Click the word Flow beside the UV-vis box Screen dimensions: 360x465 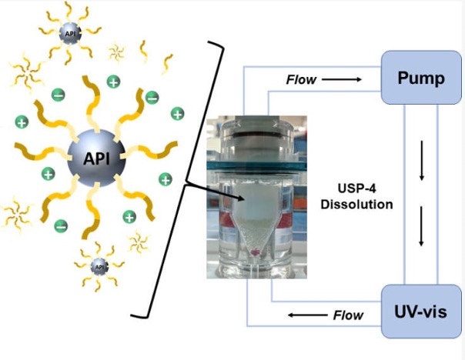(348, 314)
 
